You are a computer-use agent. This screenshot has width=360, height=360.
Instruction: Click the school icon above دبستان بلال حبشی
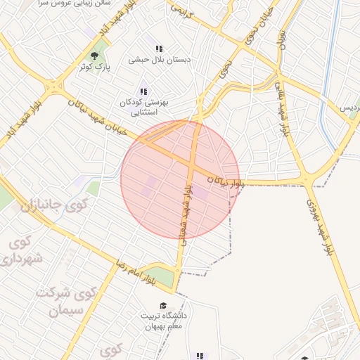tap(160, 49)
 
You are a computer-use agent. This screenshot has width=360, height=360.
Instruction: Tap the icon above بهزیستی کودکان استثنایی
tap(144, 91)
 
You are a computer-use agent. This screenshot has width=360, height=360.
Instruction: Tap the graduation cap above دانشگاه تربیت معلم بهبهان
tap(164, 305)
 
